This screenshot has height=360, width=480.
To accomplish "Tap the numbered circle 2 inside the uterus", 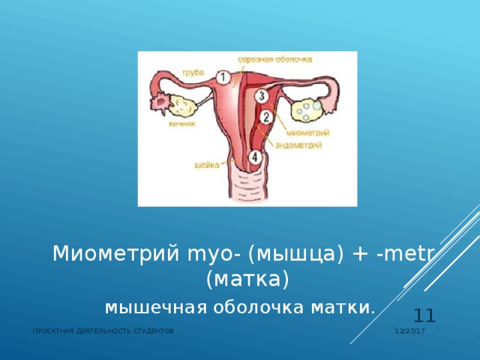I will coord(266,117).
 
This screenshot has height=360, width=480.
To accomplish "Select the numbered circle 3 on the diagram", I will coord(260,96).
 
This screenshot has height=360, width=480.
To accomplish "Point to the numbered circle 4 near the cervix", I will coord(255,157).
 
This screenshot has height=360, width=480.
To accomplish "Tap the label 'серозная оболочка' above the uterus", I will coord(275,58).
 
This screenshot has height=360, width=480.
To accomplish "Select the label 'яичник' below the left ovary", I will coord(182,124).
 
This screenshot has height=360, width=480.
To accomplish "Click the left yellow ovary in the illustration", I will coord(181,105).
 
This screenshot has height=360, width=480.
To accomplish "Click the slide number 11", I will coord(424,315).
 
